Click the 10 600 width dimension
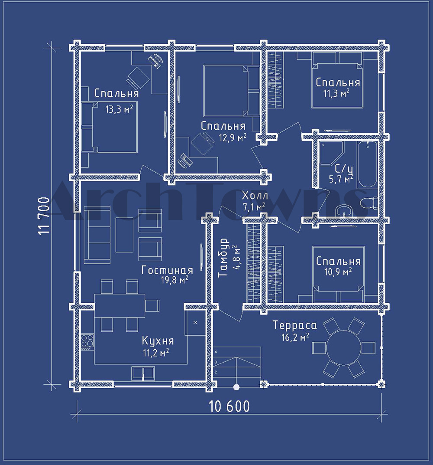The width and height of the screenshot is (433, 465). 229,406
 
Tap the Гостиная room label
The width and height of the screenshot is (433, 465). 167,270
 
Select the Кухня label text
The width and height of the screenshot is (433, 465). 158,341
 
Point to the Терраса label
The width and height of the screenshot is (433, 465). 294,325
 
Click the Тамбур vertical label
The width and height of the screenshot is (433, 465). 223,257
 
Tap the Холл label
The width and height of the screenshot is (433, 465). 255,196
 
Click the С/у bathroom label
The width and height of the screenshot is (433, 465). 343,169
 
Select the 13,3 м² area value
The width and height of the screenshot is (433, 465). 119,109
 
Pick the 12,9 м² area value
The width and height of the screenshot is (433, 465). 233,138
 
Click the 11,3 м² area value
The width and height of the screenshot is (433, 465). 336,93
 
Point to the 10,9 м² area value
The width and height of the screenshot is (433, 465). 338,272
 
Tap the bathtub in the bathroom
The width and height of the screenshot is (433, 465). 367,165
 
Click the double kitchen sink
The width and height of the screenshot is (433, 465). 143,373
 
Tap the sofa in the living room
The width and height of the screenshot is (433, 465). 97,235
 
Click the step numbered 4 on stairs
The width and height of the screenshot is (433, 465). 216,352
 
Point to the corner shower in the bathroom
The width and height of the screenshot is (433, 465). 330,153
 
